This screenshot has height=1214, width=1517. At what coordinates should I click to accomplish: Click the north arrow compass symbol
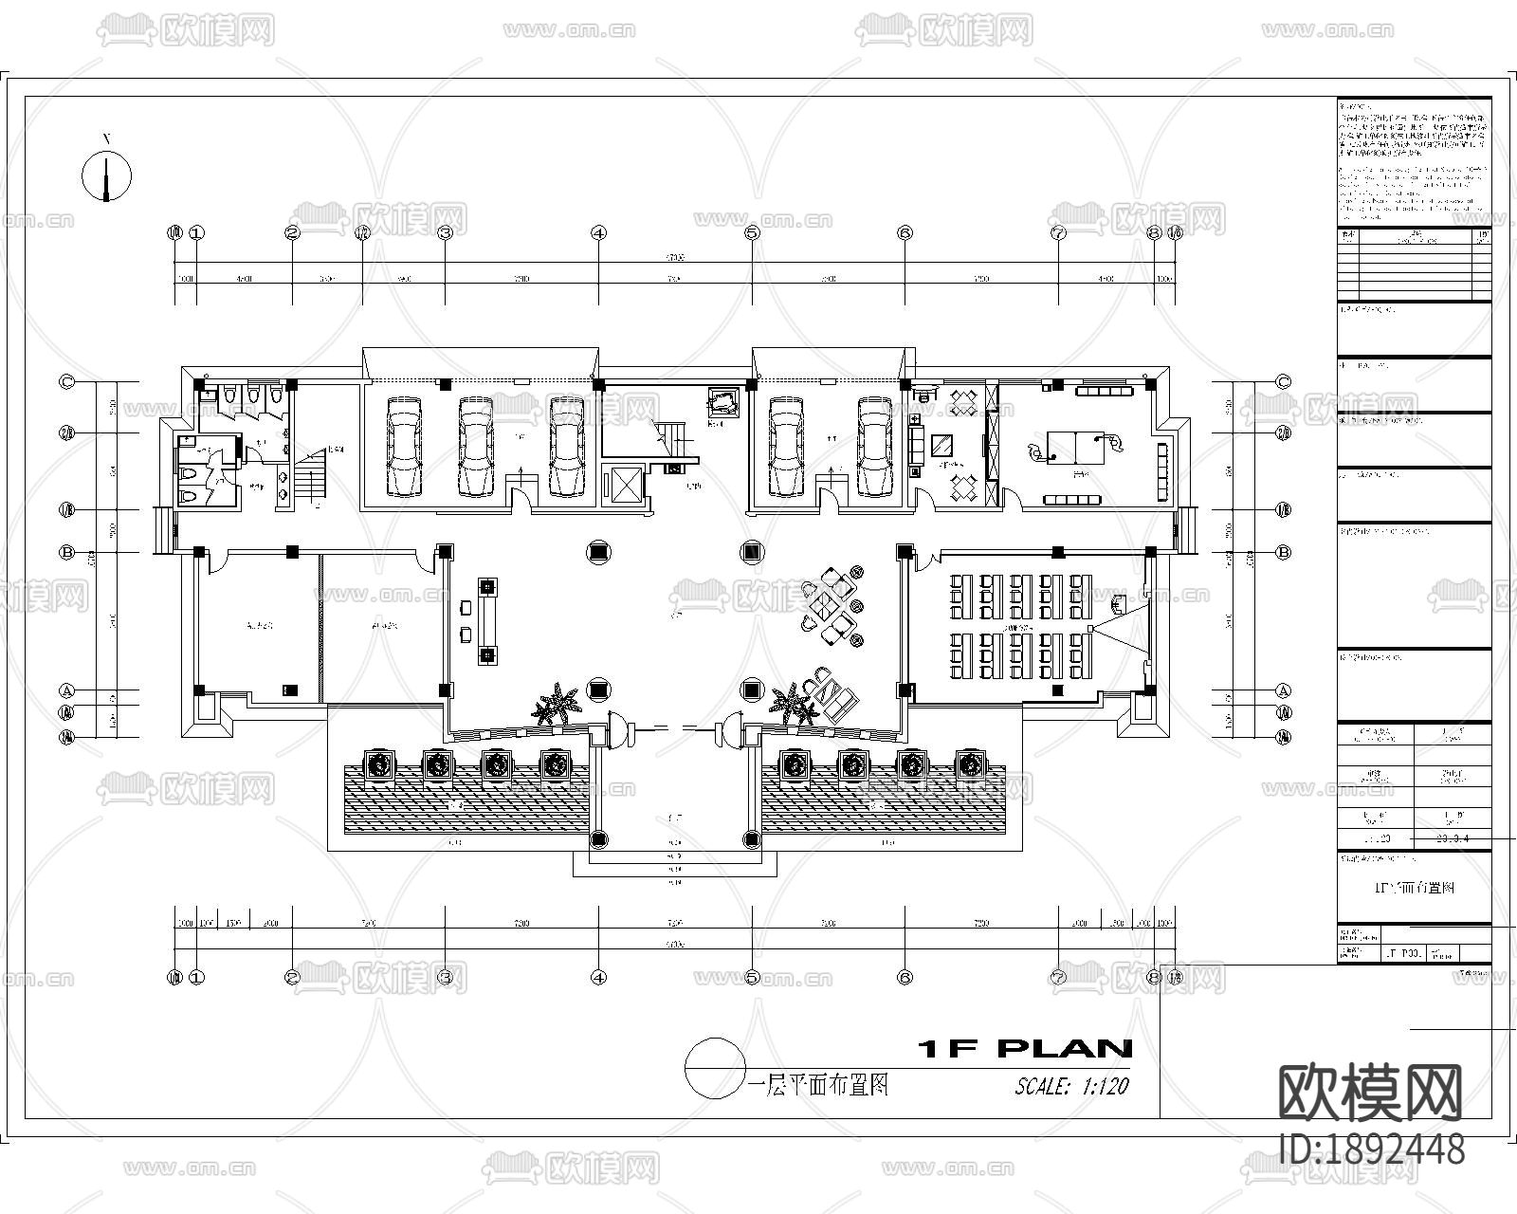[x=106, y=176]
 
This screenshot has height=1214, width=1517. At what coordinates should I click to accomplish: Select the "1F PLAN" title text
[x=1025, y=1048]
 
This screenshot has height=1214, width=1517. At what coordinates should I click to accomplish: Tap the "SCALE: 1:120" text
[x=1071, y=1086]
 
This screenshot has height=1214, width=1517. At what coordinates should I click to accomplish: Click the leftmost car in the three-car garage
[x=404, y=446]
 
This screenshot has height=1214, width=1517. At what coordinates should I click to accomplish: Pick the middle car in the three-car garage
[x=476, y=446]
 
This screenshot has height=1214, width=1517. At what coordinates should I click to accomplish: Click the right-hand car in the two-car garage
[x=876, y=446]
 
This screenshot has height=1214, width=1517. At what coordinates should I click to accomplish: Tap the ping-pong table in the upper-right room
[x=1078, y=447]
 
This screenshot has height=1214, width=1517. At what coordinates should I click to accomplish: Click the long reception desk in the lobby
[x=487, y=620]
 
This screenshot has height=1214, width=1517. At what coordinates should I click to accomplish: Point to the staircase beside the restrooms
[x=309, y=479]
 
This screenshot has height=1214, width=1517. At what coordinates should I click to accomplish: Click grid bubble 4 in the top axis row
[x=598, y=232]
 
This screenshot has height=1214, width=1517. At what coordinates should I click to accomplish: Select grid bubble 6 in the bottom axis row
[x=905, y=976]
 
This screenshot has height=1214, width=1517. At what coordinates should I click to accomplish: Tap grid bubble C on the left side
[x=67, y=382]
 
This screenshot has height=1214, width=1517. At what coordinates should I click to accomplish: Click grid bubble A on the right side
[x=1284, y=690]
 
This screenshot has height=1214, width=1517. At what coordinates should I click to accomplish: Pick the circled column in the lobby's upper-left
[x=598, y=551]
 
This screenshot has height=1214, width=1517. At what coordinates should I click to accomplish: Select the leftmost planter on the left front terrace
[x=380, y=764]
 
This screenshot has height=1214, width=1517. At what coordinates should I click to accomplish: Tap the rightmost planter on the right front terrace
[x=969, y=763]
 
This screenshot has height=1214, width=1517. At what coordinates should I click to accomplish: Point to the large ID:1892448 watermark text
[x=1371, y=1150]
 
